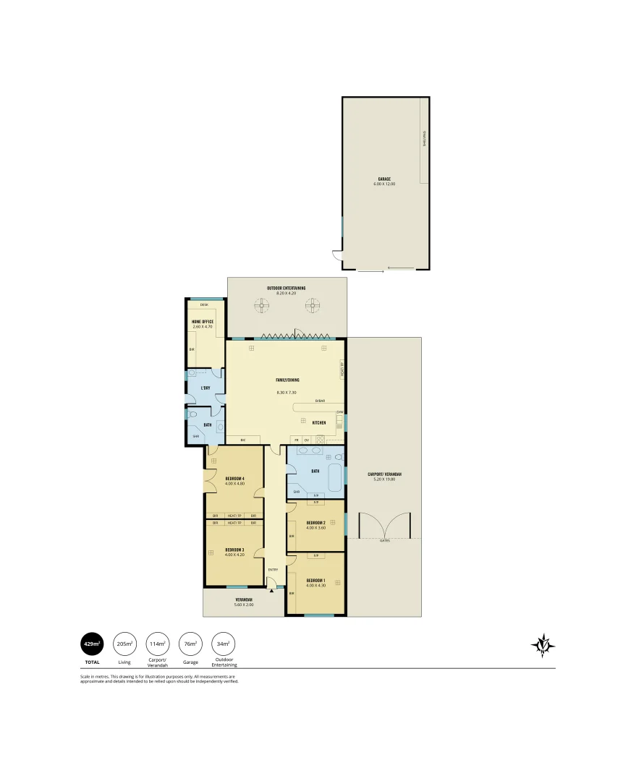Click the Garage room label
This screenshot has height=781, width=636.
384,179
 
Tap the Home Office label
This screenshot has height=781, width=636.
202,322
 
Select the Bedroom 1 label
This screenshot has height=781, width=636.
316,581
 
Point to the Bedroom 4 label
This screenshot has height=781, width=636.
234,479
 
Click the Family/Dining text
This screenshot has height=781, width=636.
287,380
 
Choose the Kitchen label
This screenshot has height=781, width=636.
318,422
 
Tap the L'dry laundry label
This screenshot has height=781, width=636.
205,388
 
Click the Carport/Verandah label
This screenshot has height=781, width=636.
387,474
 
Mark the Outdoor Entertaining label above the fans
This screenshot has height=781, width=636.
286,288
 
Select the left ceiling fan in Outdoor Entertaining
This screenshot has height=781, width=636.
260,306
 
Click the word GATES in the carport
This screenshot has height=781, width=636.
383,540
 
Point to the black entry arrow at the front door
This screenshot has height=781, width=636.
271,591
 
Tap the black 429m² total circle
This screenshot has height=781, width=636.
92,643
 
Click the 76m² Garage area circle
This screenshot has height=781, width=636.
190,643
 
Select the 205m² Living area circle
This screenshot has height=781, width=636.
124,643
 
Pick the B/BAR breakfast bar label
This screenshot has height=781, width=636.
319,401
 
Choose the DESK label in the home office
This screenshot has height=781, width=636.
204,305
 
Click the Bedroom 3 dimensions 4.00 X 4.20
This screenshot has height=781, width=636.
234,555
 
